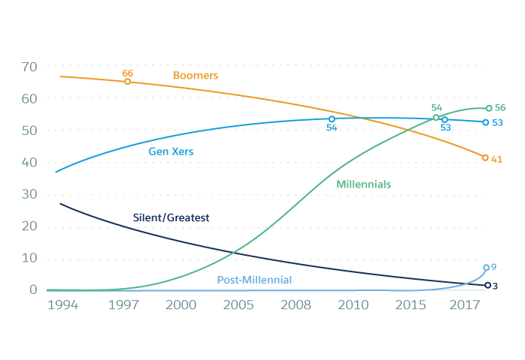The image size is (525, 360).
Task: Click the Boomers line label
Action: coord(195,76)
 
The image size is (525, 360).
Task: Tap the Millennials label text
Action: coord(364,184)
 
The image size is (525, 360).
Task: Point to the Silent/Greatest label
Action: coord(170,217)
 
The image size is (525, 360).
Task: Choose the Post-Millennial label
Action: coord(254,280)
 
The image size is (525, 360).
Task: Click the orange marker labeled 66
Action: coord(127,81)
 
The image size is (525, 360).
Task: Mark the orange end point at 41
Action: coord(485,157)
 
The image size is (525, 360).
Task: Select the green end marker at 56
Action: coord(489,108)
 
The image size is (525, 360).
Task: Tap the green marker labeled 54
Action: coord(436,117)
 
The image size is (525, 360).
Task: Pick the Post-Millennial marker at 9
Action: coord(486,268)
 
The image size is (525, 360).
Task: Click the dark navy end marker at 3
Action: coord(487,285)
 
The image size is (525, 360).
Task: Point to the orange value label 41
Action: coord(496,159)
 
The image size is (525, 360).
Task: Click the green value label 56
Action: coord(500,108)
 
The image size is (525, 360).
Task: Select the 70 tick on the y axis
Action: coord(28,67)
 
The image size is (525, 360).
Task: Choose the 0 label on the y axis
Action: coord(33,290)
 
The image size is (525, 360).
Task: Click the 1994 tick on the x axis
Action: coord(62,305)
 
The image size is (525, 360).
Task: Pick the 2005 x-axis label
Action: coord(237,305)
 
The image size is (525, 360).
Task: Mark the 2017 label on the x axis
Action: coord(465,305)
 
